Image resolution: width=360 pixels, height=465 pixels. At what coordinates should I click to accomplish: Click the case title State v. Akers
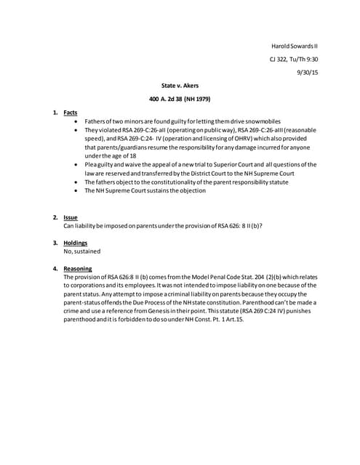click(x=178, y=86)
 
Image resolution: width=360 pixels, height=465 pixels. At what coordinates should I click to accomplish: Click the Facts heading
click(x=71, y=113)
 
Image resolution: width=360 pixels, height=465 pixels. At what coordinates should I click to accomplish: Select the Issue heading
click(x=71, y=217)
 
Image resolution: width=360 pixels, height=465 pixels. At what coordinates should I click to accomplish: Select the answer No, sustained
click(x=82, y=251)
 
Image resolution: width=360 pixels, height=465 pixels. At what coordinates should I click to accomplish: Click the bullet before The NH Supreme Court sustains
click(x=78, y=191)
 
